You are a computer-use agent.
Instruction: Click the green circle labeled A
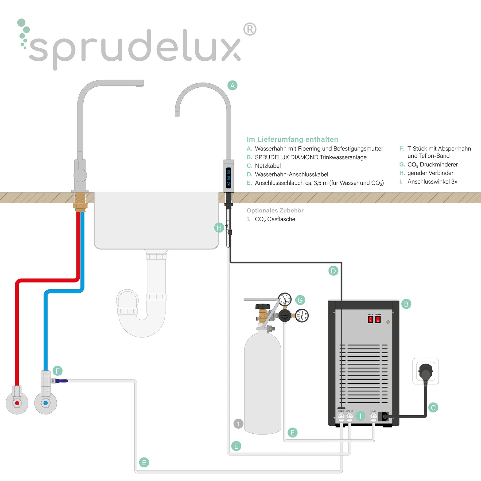[232, 86]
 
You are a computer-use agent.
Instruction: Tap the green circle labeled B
[406, 304]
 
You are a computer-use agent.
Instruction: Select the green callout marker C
[433, 408]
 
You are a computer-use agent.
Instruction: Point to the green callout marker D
[333, 271]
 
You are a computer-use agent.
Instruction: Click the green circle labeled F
[57, 371]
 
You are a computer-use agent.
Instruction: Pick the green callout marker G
[300, 300]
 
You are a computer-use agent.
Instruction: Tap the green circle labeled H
[219, 228]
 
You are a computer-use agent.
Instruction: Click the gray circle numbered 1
[238, 424]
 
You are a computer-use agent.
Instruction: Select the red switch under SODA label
[370, 319]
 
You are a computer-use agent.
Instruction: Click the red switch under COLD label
[378, 319]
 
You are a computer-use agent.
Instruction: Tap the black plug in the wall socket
[426, 371]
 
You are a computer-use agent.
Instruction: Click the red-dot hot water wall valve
[17, 403]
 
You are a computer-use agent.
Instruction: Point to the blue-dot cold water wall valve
[45, 403]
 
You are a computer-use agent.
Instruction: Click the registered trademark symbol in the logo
[250, 29]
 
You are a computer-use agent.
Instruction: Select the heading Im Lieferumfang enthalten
[292, 139]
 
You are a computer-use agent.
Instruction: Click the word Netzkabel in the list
[268, 166]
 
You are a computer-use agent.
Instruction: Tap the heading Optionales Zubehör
[275, 210]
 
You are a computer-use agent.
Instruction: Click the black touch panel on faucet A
[228, 178]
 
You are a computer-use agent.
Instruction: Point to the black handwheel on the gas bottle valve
[263, 306]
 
